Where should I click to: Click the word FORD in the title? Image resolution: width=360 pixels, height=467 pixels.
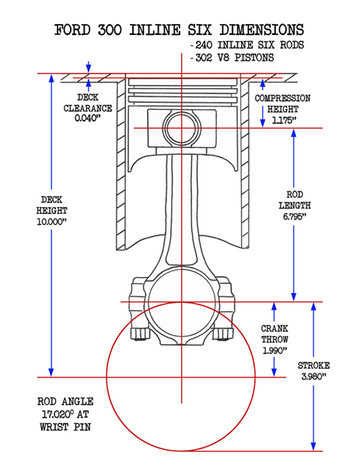click(72, 30)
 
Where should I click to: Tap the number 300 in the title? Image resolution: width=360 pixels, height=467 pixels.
click(110, 30)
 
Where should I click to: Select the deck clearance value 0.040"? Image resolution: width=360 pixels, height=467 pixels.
click(86, 118)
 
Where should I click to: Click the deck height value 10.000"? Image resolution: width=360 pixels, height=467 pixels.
click(52, 222)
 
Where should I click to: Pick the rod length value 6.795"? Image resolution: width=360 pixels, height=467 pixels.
click(295, 216)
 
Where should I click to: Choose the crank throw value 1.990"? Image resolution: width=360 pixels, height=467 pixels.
click(274, 350)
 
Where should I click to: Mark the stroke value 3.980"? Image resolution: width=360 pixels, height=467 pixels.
click(314, 377)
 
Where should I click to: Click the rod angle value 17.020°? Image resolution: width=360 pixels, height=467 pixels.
click(58, 414)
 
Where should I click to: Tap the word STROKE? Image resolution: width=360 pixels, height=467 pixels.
click(314, 366)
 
